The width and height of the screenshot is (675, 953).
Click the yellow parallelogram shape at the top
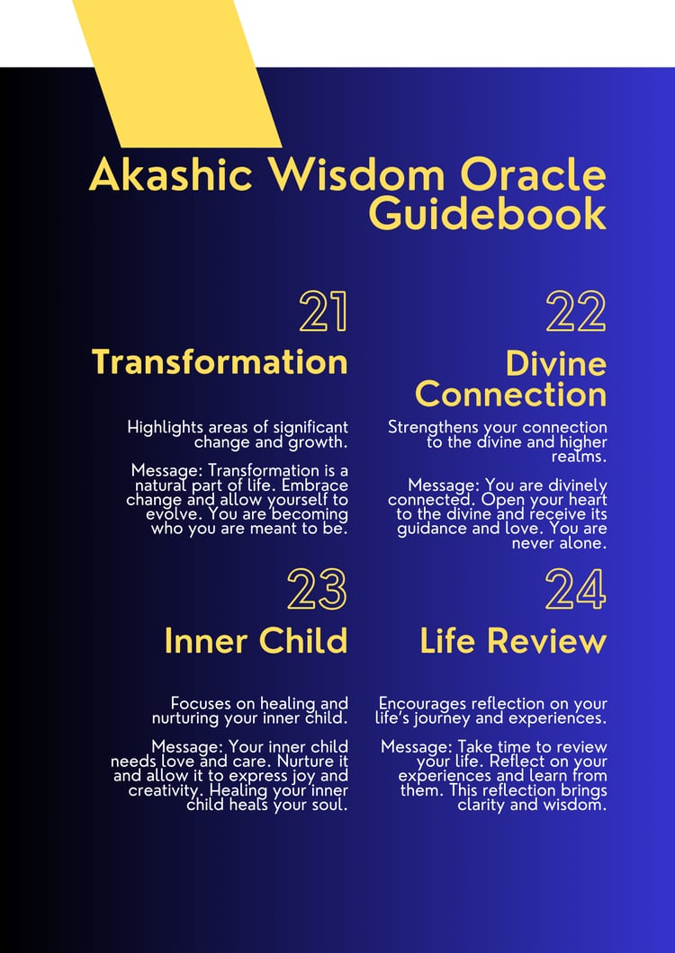click(x=176, y=73)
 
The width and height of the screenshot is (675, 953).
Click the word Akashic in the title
click(x=170, y=175)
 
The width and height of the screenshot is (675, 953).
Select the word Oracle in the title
click(x=531, y=175)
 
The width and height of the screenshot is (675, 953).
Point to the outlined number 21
click(x=323, y=311)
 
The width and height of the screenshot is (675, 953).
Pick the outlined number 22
click(x=576, y=311)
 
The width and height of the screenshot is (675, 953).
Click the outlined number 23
click(x=317, y=589)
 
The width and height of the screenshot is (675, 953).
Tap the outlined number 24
click(x=576, y=589)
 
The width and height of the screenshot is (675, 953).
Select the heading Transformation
click(x=220, y=362)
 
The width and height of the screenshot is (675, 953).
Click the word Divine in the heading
click(x=555, y=364)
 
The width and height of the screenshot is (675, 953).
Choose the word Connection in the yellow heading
click(x=510, y=395)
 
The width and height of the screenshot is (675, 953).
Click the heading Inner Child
click(x=256, y=641)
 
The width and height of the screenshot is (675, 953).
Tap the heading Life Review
click(x=513, y=641)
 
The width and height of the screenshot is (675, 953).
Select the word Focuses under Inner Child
click(x=201, y=704)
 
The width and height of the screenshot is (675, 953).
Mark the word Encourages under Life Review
click(x=421, y=705)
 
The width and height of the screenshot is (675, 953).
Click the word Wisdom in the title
click(x=357, y=175)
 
